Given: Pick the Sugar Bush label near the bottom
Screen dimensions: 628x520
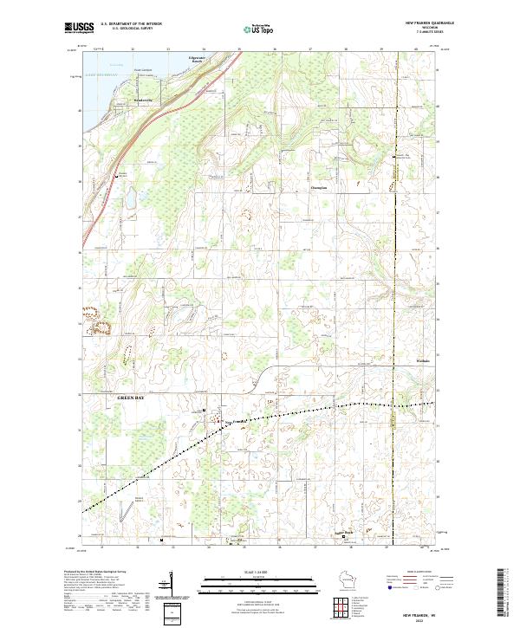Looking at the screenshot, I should [344, 533].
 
